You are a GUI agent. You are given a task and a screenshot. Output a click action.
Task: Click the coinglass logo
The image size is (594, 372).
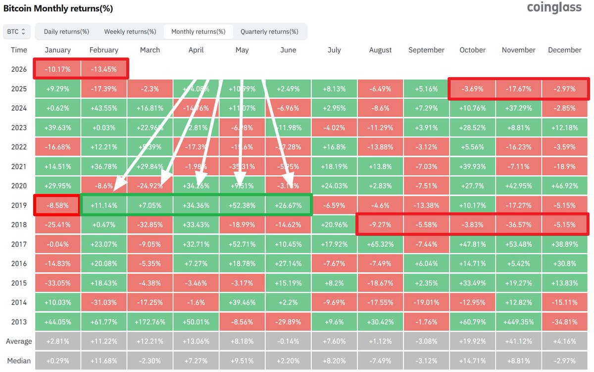click(554, 8)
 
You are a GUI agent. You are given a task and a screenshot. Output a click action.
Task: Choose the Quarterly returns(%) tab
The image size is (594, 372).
click(269, 32)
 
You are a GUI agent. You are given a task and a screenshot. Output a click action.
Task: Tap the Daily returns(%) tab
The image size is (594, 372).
click(66, 32)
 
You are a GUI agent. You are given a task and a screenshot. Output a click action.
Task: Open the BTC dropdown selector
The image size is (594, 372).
click(17, 32)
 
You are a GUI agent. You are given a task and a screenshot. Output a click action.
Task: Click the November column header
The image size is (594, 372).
click(518, 50)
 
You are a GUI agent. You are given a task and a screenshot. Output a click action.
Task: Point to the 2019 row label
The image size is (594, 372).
click(19, 205)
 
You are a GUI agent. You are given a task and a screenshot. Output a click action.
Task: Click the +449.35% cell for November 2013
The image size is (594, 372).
click(518, 322)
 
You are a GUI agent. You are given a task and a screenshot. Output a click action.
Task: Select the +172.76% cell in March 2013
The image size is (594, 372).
click(150, 322)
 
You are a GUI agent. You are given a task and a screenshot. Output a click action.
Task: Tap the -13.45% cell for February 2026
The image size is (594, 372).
click(104, 69)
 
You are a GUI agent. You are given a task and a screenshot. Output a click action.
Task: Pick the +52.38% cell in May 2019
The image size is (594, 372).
click(242, 205)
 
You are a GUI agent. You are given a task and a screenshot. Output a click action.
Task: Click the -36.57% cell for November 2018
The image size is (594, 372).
click(518, 225)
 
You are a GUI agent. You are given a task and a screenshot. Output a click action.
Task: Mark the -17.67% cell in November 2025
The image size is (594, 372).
click(518, 89)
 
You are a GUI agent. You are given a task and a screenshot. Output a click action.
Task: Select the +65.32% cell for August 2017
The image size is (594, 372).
click(380, 244)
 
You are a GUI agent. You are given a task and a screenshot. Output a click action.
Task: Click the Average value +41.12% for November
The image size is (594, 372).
click(518, 341)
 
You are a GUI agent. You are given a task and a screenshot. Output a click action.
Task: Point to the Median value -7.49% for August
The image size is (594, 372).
click(380, 361)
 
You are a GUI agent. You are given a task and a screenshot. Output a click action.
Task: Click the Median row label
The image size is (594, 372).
click(19, 361)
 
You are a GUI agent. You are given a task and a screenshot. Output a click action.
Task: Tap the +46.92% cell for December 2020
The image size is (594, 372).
click(564, 186)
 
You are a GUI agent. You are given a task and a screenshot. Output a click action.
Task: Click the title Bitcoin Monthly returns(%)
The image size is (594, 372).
click(58, 8)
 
